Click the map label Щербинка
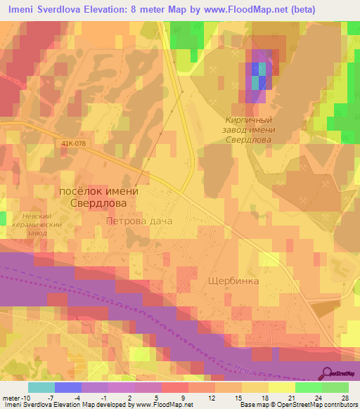233,280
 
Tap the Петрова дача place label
139,221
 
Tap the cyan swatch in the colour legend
41,387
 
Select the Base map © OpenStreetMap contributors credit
297,405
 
